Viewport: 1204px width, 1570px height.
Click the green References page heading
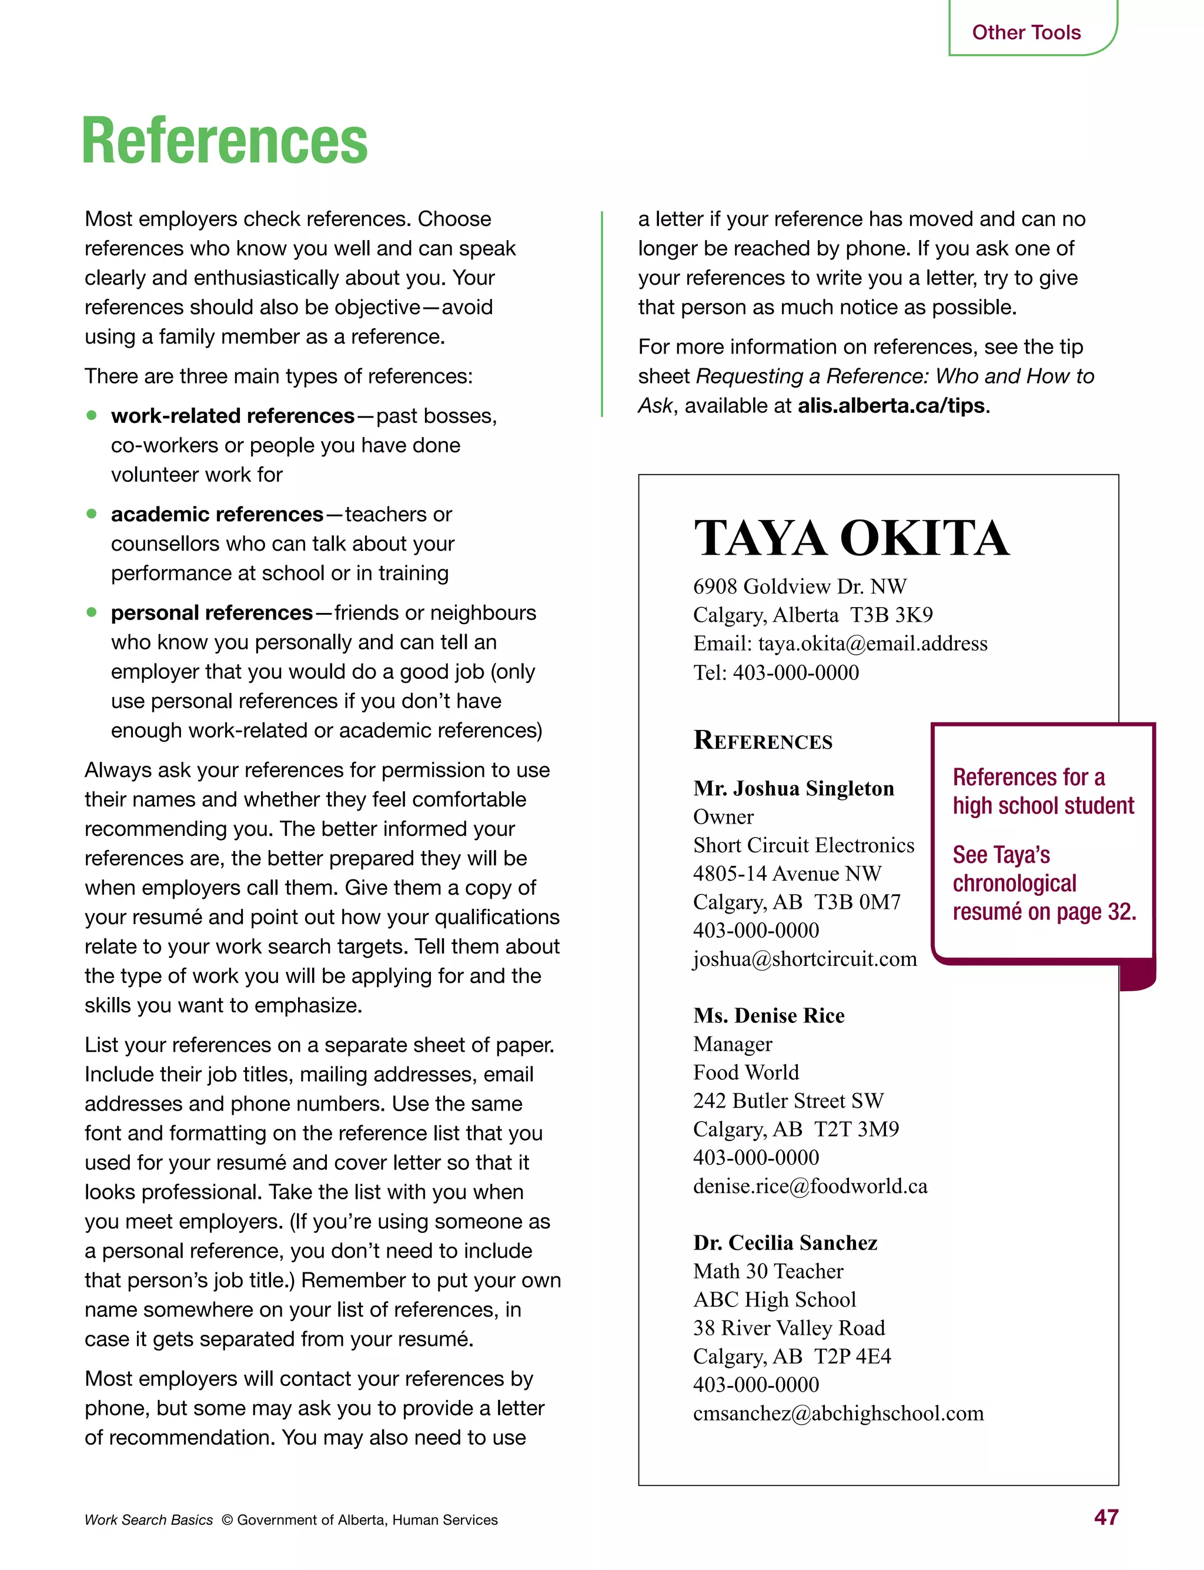225,141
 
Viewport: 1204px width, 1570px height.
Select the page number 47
1106,1518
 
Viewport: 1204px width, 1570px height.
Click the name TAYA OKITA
851,538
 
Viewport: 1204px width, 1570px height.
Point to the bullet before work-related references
92,415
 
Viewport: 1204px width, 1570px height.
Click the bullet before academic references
92,514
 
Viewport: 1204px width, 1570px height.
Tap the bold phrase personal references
212,612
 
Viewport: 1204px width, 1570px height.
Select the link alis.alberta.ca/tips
891,406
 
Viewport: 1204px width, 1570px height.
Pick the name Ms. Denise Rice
768,1015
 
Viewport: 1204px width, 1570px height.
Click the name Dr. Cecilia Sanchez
785,1242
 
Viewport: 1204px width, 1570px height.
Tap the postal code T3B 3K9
891,615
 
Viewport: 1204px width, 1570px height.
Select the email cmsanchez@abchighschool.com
838,1413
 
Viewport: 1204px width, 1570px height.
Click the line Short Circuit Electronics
804,845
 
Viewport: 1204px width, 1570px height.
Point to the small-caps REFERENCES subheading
762,741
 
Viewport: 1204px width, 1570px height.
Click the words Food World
745,1072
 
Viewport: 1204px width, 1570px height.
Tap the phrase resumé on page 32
1044,912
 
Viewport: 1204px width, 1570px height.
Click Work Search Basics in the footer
148,1520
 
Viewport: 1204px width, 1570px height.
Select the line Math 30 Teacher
768,1271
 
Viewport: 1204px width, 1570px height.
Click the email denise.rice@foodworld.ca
810,1186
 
